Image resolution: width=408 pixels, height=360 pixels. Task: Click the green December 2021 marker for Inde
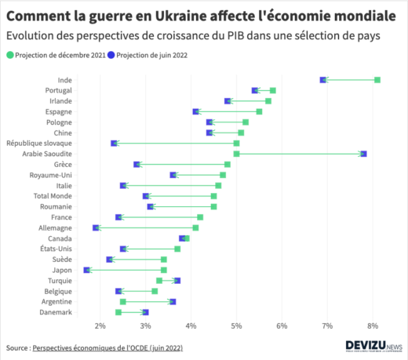(377, 80)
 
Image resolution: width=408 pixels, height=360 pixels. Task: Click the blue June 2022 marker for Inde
(323, 80)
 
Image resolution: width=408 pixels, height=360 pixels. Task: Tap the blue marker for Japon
(87, 270)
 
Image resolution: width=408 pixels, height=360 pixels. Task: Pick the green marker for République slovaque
(236, 144)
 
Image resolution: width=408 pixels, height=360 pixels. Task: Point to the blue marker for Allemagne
(96, 227)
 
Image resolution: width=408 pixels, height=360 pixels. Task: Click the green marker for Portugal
(272, 90)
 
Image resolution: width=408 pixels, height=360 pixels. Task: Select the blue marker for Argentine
(173, 301)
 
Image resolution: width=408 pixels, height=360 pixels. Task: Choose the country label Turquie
(60, 280)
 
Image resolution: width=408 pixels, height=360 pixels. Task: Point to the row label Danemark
(56, 312)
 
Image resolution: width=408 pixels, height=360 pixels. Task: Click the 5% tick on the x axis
(236, 325)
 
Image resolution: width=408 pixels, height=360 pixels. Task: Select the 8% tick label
(373, 325)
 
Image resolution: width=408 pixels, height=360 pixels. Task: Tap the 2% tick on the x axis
(100, 325)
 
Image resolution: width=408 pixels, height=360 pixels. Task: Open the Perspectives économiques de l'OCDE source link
(110, 346)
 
